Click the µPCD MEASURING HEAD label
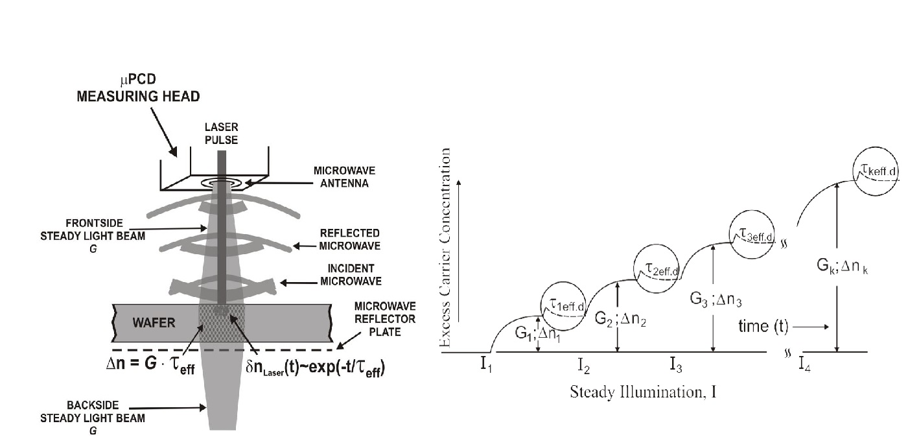coord(138,88)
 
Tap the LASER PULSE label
coord(221,134)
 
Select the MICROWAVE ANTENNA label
coord(345,177)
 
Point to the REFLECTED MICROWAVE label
coord(350,239)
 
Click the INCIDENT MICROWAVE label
coord(351,275)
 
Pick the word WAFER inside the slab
coord(154,323)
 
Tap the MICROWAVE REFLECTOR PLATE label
coord(385,319)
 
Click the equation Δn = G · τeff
coord(150,364)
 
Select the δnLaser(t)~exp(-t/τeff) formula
coord(316,368)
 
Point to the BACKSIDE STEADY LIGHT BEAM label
coord(93,418)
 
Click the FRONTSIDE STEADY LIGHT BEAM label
coord(93,236)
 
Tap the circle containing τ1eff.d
coord(563,304)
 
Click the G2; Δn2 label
coord(620,319)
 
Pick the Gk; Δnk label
coord(843,266)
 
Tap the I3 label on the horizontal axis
coord(676,364)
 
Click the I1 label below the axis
coord(486,364)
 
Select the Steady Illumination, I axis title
coord(644,392)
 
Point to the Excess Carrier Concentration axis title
coord(445,247)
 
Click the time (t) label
coord(763,326)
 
